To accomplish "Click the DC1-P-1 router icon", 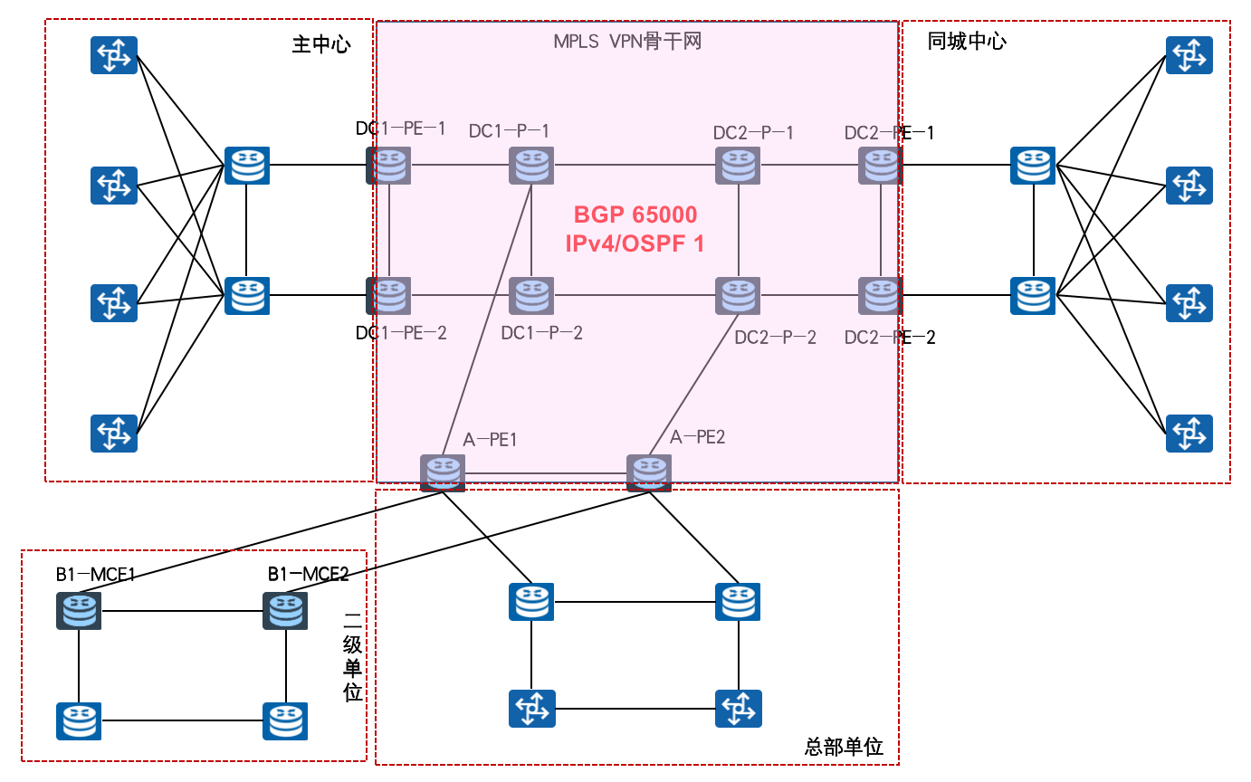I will pos(531,166).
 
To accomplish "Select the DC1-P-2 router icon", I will pos(531,296).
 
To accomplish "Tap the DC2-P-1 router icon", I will pos(738,166).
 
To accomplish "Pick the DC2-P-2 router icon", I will pos(738,296).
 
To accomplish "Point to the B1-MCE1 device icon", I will pos(79,610).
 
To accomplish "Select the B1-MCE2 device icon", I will pos(285,610).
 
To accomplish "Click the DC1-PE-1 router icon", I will pos(388,166).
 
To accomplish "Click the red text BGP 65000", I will pos(635,215).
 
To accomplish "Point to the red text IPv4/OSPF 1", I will pos(635,243).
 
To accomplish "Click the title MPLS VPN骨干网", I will pos(627,42).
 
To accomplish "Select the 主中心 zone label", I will pos(320,44).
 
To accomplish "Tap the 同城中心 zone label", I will pos(966,42).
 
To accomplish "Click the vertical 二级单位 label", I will pos(353,657).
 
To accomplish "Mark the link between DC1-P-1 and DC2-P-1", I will pos(634,166).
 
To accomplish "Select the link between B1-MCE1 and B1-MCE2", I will pos(181,610).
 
